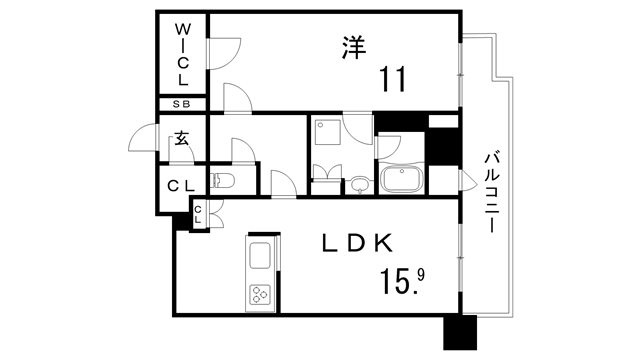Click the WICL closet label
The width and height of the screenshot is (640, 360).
[182, 54]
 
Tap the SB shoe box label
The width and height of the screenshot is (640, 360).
[182, 104]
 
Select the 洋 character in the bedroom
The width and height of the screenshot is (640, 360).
[353, 48]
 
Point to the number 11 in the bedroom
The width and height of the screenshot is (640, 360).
[393, 79]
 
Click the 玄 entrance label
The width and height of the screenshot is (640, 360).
[182, 138]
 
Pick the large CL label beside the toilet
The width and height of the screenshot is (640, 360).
[181, 186]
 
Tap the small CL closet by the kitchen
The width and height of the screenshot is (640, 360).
[198, 214]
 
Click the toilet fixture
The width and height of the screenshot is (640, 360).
[222, 180]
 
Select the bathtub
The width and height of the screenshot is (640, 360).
[402, 180]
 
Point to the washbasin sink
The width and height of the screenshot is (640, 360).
[359, 185]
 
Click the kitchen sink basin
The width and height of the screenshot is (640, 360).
[260, 256]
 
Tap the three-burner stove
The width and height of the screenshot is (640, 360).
[260, 294]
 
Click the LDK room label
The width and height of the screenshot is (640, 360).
[358, 244]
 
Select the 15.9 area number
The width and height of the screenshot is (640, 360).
[402, 282]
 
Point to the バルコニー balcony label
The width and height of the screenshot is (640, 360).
[492, 192]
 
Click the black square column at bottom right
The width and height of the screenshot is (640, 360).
[460, 332]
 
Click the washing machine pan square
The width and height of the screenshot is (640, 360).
[327, 133]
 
